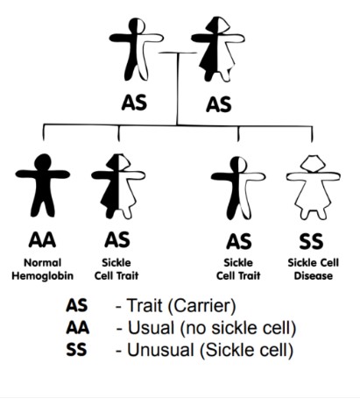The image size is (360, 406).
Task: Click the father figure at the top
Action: click(x=136, y=49)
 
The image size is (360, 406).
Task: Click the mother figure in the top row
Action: click(x=218, y=49)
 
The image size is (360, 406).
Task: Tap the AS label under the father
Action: click(x=134, y=103)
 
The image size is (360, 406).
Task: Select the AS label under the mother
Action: click(x=219, y=104)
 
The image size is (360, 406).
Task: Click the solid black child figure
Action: click(x=43, y=185)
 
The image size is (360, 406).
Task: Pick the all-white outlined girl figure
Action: click(x=314, y=187)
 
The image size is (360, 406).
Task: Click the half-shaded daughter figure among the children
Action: click(x=118, y=186)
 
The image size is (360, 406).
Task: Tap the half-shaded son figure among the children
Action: click(x=238, y=188)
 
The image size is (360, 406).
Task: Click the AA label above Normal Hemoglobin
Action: click(x=42, y=240)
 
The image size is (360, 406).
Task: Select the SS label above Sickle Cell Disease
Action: click(x=311, y=241)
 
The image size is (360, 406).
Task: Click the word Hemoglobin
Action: click(x=43, y=275)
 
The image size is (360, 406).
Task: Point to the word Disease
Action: click(x=314, y=275)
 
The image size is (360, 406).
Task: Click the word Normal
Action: click(x=43, y=262)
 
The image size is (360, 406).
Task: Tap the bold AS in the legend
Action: click(x=77, y=305)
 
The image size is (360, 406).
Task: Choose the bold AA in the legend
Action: click(x=77, y=327)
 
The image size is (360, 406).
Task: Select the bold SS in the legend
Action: click(x=76, y=349)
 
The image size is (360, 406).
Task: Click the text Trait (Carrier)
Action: click(x=181, y=306)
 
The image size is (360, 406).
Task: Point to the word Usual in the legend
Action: click(x=152, y=328)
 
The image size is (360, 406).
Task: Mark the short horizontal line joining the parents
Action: click(x=178, y=53)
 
